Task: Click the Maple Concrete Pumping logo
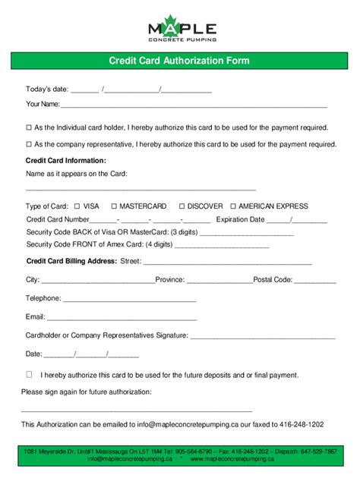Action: click(182, 28)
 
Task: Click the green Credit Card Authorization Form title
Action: click(179, 61)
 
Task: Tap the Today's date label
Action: click(47, 90)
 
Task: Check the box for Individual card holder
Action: click(29, 127)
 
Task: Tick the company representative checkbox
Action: click(29, 143)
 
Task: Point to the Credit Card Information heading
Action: click(66, 161)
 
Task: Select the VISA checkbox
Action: click(77, 206)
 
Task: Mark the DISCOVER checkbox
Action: click(182, 206)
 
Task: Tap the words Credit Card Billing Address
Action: click(71, 261)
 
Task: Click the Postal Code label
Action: click(273, 279)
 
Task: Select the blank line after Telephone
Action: click(130, 299)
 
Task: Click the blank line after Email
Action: click(122, 317)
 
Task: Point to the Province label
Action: click(170, 279)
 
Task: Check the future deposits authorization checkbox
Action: click(29, 374)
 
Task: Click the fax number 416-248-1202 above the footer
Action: click(301, 424)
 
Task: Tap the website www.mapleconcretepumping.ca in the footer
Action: click(232, 459)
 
